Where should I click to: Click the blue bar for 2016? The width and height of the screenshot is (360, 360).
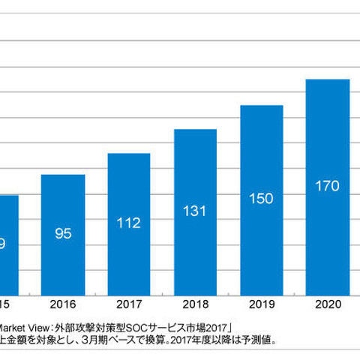pyautogui.click(x=62, y=232)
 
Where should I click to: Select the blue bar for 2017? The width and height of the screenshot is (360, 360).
pyautogui.click(x=128, y=222)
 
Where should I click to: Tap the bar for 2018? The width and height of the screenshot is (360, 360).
pyautogui.click(x=195, y=210)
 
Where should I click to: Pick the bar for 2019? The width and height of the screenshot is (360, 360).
pyautogui.click(x=261, y=198)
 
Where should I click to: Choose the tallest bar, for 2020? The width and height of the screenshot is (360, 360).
pyautogui.click(x=327, y=184)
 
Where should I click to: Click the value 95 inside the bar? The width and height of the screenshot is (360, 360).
pyautogui.click(x=62, y=233)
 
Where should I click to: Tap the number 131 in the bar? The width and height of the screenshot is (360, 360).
pyautogui.click(x=195, y=210)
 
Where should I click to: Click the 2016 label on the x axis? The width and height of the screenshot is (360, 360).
pyautogui.click(x=62, y=304)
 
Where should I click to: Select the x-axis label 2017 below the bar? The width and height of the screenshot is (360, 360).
pyautogui.click(x=128, y=304)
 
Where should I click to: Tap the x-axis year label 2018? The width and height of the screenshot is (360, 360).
pyautogui.click(x=195, y=304)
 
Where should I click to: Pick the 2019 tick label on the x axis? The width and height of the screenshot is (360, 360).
pyautogui.click(x=261, y=304)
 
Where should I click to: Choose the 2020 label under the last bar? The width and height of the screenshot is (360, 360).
pyautogui.click(x=327, y=304)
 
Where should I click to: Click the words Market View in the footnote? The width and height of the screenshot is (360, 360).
pyautogui.click(x=23, y=326)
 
